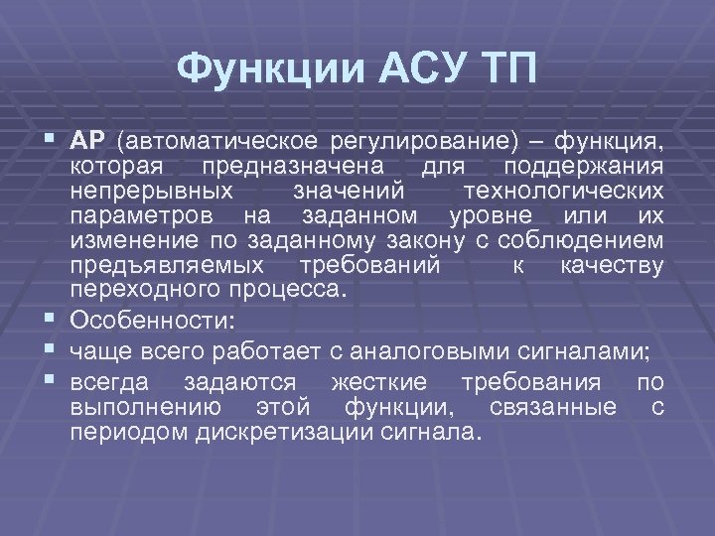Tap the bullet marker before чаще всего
tap(54, 352)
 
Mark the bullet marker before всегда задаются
tap(54, 383)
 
